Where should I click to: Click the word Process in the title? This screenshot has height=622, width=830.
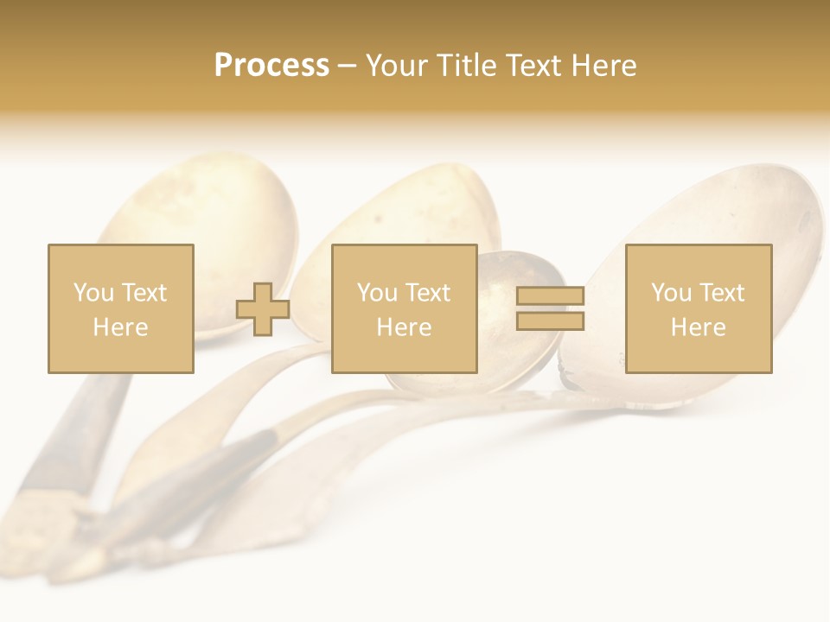click(x=271, y=66)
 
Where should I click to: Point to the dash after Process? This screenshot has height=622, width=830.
click(x=348, y=67)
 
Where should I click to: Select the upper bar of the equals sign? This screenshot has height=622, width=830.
click(x=550, y=296)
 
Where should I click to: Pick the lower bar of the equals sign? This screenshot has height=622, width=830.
click(x=550, y=321)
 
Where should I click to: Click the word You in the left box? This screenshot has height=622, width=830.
click(x=93, y=293)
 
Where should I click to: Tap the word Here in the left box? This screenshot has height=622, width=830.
click(x=120, y=327)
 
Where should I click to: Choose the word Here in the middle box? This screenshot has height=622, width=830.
click(x=404, y=327)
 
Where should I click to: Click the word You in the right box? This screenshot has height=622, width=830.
click(x=671, y=293)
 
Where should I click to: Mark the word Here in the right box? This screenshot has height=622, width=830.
click(x=698, y=327)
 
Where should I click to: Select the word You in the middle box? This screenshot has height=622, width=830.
click(x=377, y=293)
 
